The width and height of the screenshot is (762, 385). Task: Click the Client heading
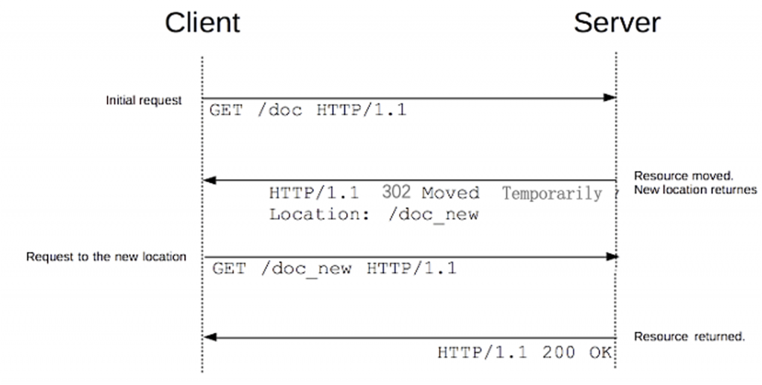click(x=202, y=22)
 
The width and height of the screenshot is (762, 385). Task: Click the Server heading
click(x=616, y=22)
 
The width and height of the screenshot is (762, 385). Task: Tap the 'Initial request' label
click(x=144, y=100)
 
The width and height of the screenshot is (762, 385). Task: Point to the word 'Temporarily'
click(x=551, y=194)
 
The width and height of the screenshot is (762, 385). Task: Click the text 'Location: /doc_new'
click(x=374, y=215)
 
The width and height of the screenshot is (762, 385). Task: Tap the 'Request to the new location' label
click(x=106, y=257)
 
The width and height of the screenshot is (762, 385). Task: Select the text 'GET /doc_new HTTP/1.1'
click(x=334, y=268)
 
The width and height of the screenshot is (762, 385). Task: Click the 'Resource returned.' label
click(x=689, y=337)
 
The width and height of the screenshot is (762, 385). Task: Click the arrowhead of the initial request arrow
click(x=610, y=98)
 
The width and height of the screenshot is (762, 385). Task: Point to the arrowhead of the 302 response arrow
click(x=209, y=181)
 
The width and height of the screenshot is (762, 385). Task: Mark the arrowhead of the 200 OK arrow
click(x=209, y=337)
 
